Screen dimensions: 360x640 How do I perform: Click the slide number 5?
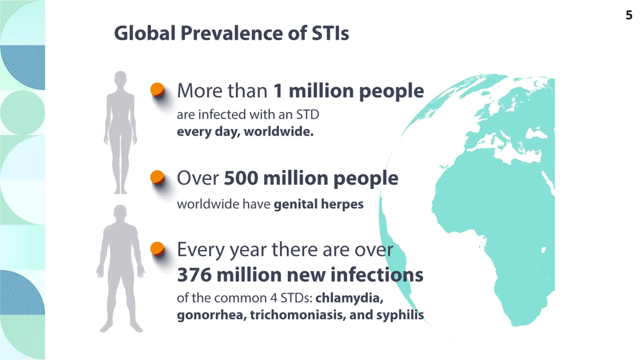click(x=629, y=15)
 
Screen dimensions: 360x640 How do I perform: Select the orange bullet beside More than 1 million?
click(x=157, y=89)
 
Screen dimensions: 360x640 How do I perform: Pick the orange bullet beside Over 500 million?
click(x=157, y=177)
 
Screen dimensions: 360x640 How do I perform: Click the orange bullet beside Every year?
click(x=157, y=248)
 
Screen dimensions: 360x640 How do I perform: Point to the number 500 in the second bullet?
click(x=241, y=178)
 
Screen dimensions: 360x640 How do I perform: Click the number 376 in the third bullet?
click(x=194, y=275)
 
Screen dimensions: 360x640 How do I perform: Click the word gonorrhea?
click(x=212, y=315)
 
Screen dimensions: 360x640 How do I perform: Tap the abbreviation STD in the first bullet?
click(x=307, y=115)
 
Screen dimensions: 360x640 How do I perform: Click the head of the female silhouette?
click(x=120, y=78)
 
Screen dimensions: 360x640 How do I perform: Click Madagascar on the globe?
click(x=544, y=250)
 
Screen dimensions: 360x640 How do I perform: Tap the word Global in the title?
click(x=144, y=33)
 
